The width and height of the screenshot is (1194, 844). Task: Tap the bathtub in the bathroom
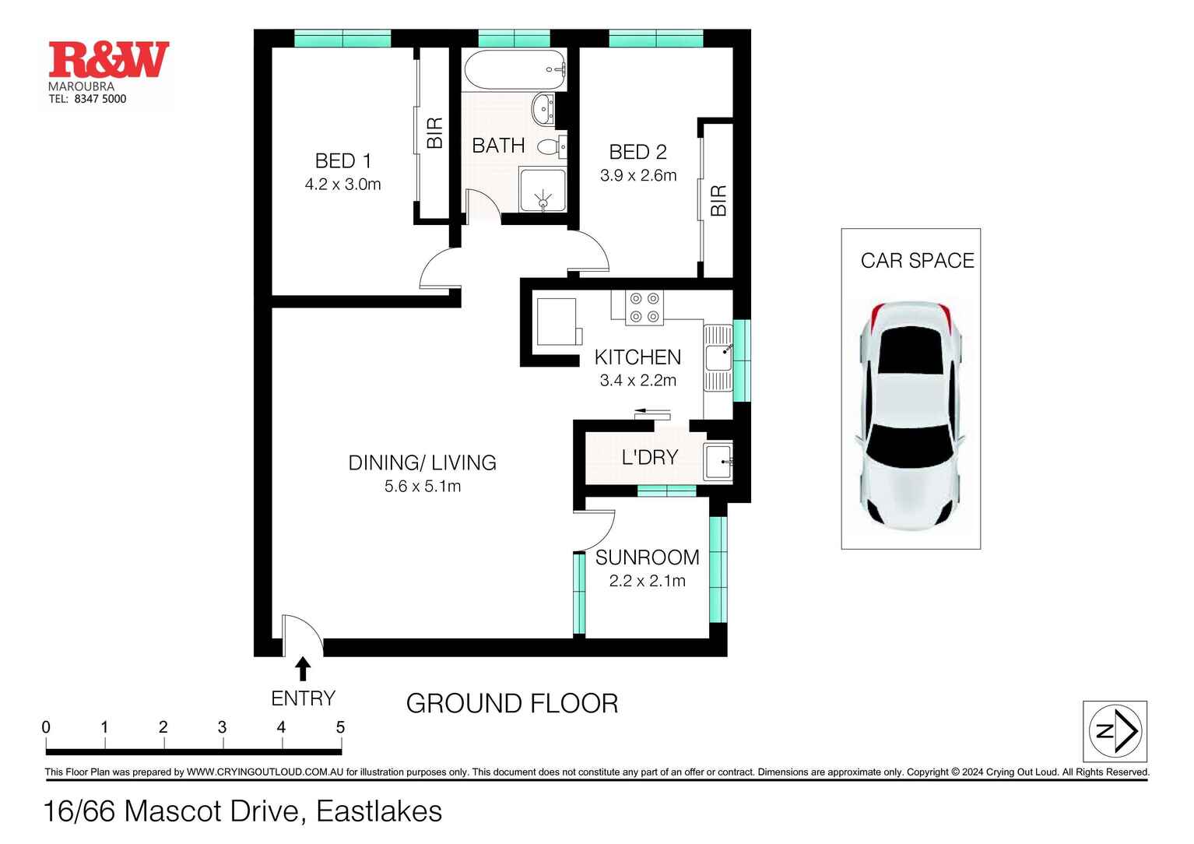pos(514,70)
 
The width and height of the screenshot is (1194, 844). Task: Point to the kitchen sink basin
pos(718,357)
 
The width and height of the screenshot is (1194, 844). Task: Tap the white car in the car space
pos(911,416)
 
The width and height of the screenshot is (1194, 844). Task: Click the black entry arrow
pos(303,669)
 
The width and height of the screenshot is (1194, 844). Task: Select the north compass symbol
pos(1115,731)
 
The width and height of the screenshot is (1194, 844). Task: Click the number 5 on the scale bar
pos(340,727)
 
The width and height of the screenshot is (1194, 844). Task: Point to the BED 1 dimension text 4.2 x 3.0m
pos(342,185)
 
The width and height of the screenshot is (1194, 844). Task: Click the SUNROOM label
pos(647,557)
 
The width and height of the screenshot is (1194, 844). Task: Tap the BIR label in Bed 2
pos(718,201)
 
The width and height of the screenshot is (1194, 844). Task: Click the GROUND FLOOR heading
pos(512,703)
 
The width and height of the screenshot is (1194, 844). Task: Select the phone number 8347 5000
pos(100,99)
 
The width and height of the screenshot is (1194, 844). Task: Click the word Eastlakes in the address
pos(379,811)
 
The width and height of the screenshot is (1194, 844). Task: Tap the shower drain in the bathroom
pos(543,202)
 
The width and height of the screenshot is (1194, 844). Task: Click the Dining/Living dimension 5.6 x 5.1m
pos(423,487)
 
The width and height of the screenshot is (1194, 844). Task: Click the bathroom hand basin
pos(543,110)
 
